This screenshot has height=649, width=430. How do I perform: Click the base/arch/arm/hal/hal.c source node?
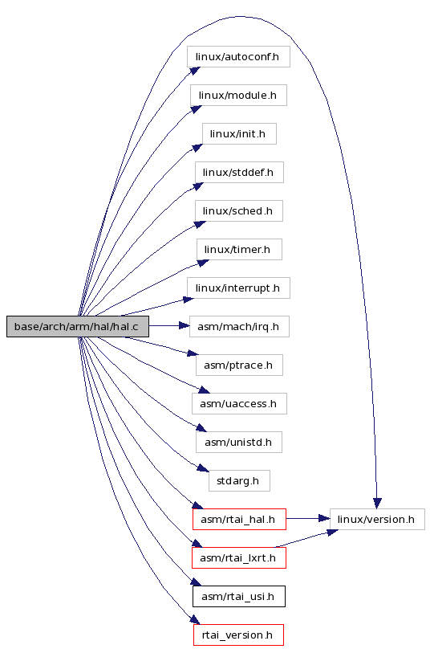pyautogui.click(x=78, y=327)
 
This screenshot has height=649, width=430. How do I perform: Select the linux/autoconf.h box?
pyautogui.click(x=238, y=57)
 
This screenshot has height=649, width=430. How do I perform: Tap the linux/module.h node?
pyautogui.click(x=238, y=96)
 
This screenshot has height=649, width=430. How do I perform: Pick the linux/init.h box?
pyautogui.click(x=239, y=133)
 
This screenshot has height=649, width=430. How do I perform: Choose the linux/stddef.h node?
pyautogui.click(x=239, y=172)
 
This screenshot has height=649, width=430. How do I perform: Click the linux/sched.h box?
pyautogui.click(x=239, y=210)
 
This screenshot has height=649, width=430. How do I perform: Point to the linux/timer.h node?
pyautogui.click(x=239, y=249)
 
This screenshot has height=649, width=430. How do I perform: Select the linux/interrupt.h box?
pyautogui.click(x=238, y=288)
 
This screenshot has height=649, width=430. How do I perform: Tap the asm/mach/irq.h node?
pyautogui.click(x=239, y=327)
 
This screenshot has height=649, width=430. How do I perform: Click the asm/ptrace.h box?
pyautogui.click(x=239, y=365)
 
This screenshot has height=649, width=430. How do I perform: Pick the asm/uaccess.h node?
pyautogui.click(x=239, y=403)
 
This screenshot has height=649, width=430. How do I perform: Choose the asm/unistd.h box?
pyautogui.click(x=239, y=442)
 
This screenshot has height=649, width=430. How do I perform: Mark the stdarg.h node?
pyautogui.click(x=239, y=480)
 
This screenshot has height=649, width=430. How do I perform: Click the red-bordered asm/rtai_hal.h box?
pyautogui.click(x=239, y=519)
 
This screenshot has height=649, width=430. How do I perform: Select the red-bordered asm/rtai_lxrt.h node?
pyautogui.click(x=239, y=558)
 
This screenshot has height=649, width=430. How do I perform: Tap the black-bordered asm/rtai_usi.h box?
pyautogui.click(x=239, y=597)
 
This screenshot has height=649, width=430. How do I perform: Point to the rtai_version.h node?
pyautogui.click(x=238, y=635)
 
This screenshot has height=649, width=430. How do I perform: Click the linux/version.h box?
pyautogui.click(x=377, y=519)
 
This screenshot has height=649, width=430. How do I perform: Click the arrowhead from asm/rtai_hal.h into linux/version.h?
pyautogui.click(x=324, y=518)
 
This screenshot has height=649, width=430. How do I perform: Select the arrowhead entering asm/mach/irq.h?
pyautogui.click(x=184, y=326)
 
